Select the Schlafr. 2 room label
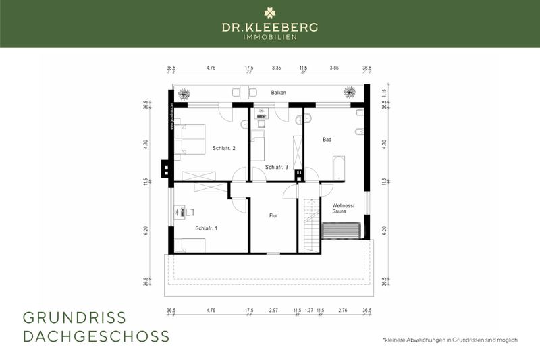point(223,148)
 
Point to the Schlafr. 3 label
point(277,167)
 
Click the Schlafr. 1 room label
point(207,228)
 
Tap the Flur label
point(273,215)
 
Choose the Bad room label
point(327,140)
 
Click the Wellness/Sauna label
point(344,209)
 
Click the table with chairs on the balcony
point(243,93)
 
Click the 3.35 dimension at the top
point(276,68)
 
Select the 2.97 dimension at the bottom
point(273,311)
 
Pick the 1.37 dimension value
point(309,311)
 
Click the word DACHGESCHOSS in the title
point(96,336)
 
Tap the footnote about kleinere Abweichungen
point(450,340)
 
